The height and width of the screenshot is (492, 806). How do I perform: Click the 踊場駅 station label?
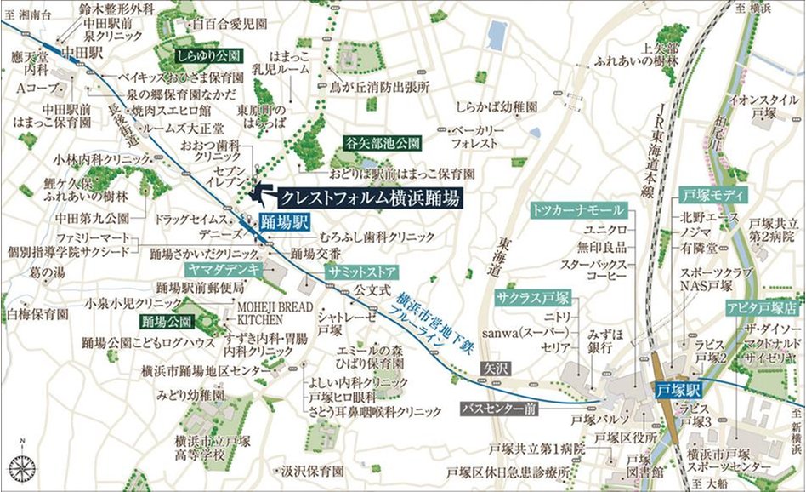(x=278, y=225)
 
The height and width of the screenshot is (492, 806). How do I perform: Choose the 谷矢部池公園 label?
(x=383, y=141)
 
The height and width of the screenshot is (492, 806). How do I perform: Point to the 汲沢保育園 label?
(x=312, y=470)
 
